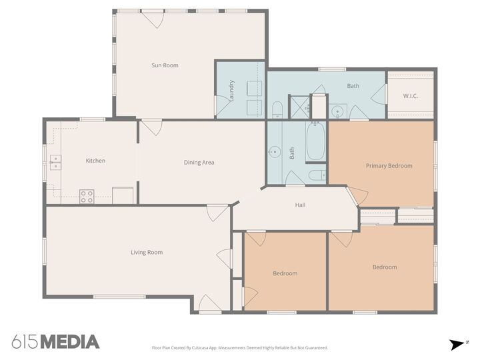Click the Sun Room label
click(x=165, y=65)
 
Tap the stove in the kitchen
click(x=87, y=196)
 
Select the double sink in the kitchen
click(x=55, y=160)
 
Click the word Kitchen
click(x=95, y=161)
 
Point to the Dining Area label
click(x=199, y=163)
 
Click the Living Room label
click(x=147, y=252)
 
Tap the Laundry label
click(x=231, y=90)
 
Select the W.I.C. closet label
click(x=411, y=95)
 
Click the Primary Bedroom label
click(x=389, y=166)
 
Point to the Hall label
click(x=300, y=205)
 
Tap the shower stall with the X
click(x=299, y=106)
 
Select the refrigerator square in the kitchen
click(x=123, y=195)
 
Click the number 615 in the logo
click(x=25, y=342)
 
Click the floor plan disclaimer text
click(x=240, y=347)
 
